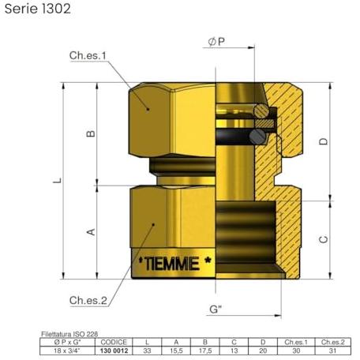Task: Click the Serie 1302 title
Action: tap(38, 9)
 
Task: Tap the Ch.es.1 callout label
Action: tap(88, 55)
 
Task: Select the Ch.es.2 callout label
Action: tap(88, 300)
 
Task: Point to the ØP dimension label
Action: tap(216, 42)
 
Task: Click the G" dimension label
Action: tap(216, 309)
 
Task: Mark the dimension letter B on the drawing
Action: tap(91, 133)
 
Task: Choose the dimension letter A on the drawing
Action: tap(91, 232)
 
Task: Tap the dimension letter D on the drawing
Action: tap(324, 141)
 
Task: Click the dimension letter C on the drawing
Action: tap(324, 239)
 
